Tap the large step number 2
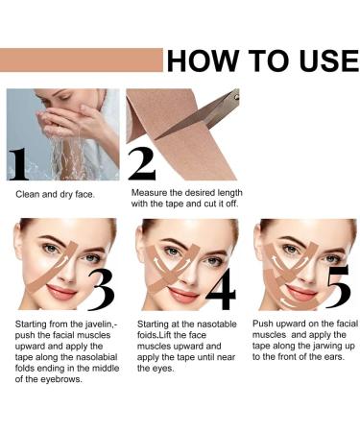[x=141, y=163]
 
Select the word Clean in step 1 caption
[x=29, y=194]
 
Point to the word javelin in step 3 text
[x=85, y=325]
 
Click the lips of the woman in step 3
[x=60, y=291]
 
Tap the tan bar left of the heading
[x=82, y=60]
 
